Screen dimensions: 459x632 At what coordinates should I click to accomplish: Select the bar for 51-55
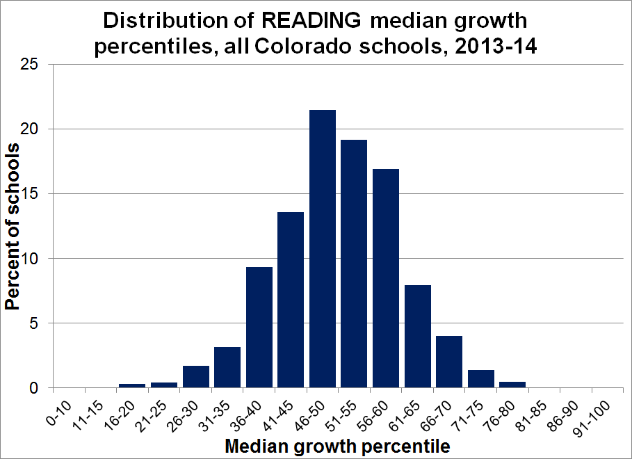(354, 264)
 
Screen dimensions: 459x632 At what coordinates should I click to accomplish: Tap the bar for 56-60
(386, 278)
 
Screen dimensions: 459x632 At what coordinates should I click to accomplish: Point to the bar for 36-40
(259, 328)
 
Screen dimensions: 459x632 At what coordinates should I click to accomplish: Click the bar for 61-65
(417, 337)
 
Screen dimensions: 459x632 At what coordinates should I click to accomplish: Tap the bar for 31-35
(227, 367)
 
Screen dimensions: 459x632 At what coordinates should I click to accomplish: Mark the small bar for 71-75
(480, 379)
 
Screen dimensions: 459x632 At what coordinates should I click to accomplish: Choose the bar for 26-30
(196, 376)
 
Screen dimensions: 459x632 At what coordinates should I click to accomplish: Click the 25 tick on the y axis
(37, 65)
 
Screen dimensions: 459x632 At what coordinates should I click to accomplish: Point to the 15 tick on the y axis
(37, 194)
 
